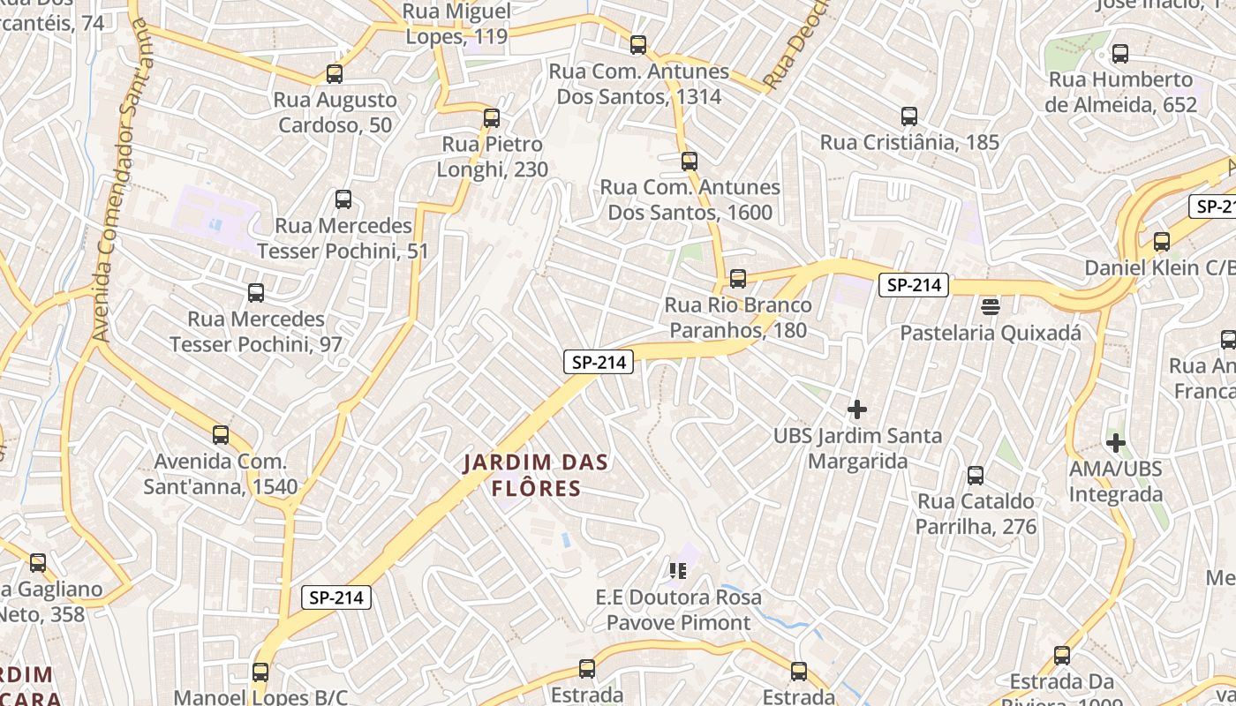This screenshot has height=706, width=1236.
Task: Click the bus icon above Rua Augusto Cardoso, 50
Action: (334, 74)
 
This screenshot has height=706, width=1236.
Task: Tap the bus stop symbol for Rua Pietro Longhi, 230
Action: (492, 118)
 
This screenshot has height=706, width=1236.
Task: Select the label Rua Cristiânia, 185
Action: (909, 142)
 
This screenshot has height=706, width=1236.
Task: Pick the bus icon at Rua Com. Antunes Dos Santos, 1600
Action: (690, 161)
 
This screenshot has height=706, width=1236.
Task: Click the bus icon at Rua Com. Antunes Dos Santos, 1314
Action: (638, 45)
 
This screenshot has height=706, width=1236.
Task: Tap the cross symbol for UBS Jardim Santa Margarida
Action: (856, 409)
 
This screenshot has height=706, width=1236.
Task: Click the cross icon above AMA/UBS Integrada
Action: (1116, 442)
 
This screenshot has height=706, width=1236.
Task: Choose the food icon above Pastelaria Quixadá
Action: (991, 306)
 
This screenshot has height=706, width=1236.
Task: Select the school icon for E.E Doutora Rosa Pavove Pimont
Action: (678, 570)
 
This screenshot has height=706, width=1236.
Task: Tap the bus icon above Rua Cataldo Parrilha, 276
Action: (976, 476)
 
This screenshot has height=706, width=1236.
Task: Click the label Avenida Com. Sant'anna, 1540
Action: (221, 474)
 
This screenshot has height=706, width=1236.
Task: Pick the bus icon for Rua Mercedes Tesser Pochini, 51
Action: (343, 200)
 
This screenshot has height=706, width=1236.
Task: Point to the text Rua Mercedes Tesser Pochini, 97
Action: (256, 331)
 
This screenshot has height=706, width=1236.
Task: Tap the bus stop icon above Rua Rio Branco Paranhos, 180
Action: (738, 279)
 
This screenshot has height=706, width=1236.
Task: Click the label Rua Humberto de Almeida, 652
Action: (1120, 92)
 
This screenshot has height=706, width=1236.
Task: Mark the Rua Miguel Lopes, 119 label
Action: (457, 24)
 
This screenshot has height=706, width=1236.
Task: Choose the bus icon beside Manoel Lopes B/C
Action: (260, 672)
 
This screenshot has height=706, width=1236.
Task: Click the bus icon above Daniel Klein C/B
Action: (1162, 242)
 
